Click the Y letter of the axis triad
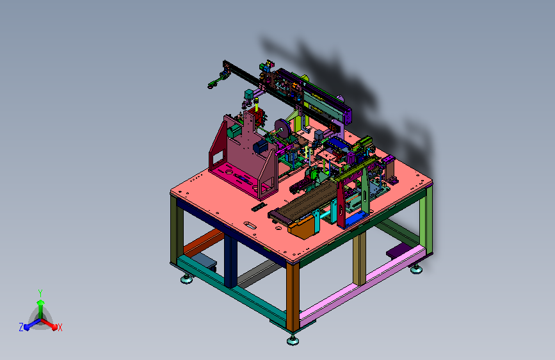click(x=40, y=293)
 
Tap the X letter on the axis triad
click(x=60, y=327)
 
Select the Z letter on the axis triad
click(x=21, y=327)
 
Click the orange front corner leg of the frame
click(x=293, y=297)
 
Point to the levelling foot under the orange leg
click(x=293, y=341)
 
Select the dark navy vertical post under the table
click(x=230, y=260)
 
